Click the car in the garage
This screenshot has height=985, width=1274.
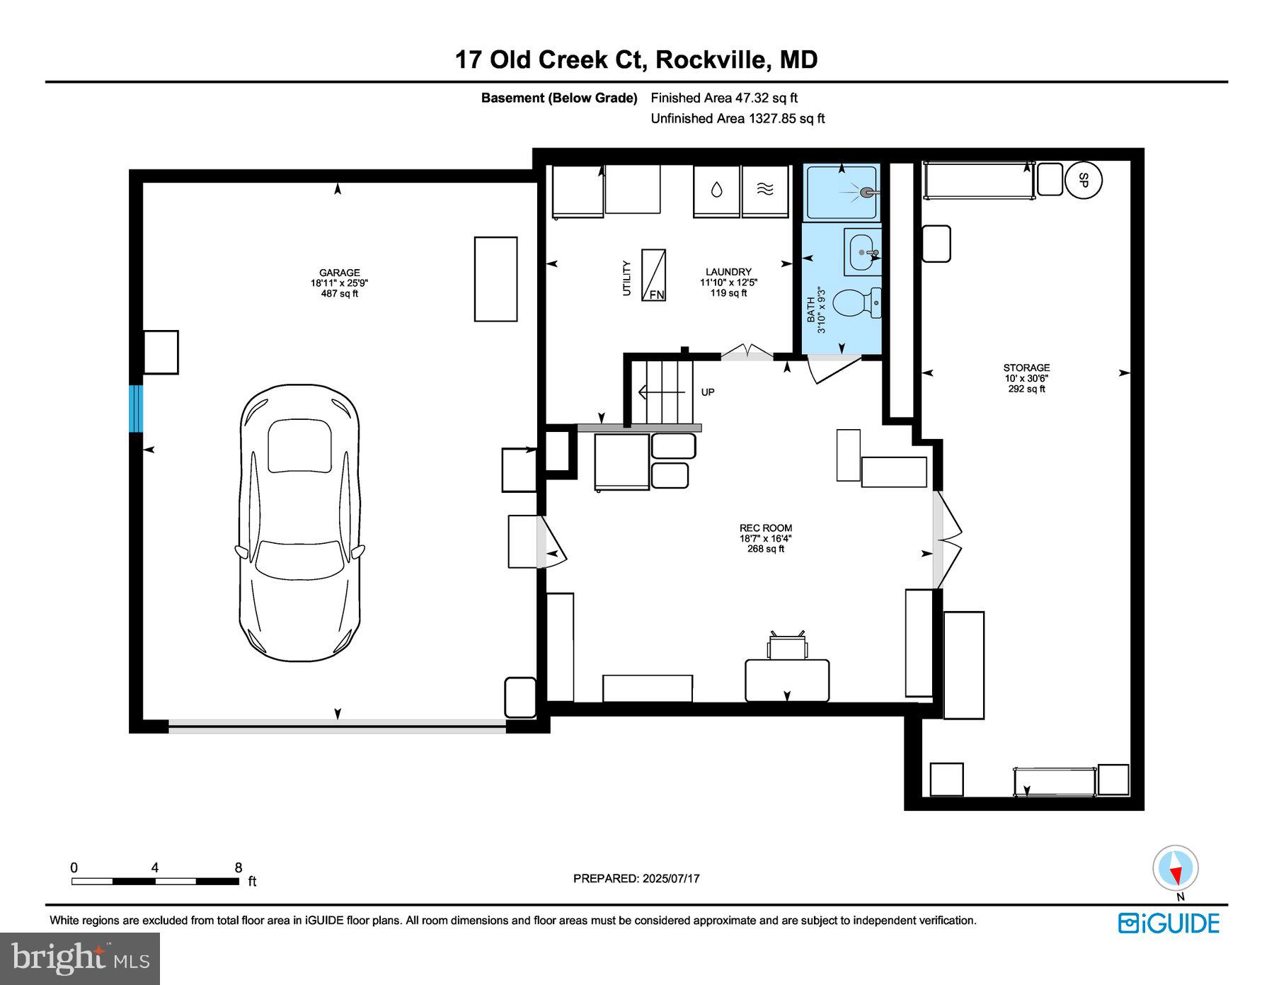pos(299,523)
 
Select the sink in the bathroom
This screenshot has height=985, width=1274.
pos(863,251)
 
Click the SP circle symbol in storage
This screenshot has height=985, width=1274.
pos(1083,181)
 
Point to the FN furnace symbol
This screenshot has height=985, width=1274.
pos(653,275)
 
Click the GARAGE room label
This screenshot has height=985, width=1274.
pos(340,273)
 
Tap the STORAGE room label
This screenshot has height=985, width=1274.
pos(1026,368)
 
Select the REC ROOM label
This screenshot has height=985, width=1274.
pos(766,528)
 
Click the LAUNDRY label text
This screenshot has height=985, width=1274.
pos(728,272)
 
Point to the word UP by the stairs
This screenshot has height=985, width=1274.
pos(708,392)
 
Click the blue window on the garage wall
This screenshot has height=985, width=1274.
pos(136,409)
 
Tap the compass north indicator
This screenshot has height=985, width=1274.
pos(1176,867)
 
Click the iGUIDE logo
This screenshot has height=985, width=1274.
pos(1169,923)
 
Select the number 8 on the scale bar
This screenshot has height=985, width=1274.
pos(239,868)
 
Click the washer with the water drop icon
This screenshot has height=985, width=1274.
pos(716,190)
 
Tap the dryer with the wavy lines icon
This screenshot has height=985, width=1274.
pos(765,190)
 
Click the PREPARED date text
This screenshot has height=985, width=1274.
pos(636,878)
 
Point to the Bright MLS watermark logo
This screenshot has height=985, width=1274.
pos(80,959)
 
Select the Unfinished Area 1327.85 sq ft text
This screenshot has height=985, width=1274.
pos(738,118)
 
